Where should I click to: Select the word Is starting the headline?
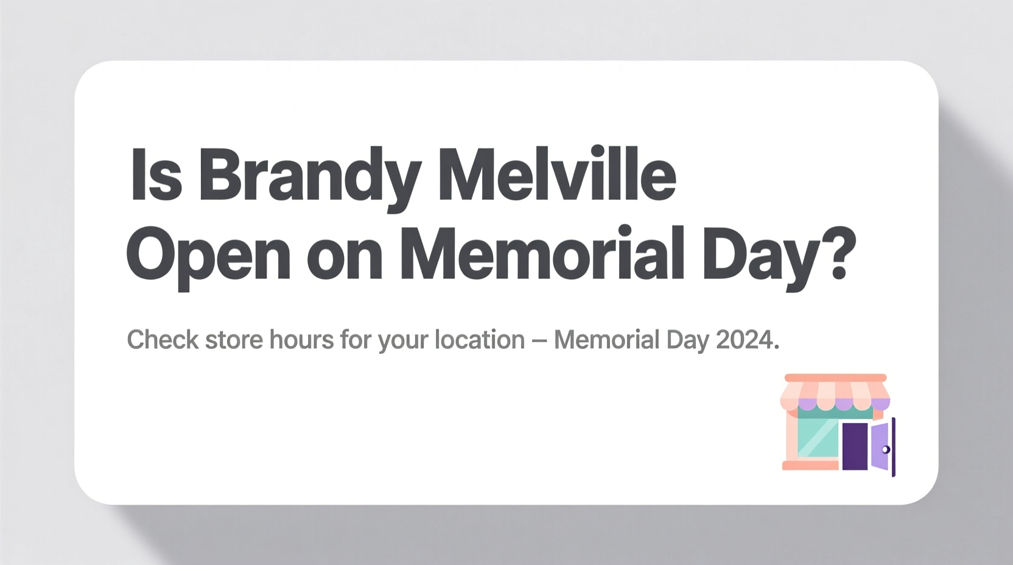(156, 175)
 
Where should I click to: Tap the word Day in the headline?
(761, 256)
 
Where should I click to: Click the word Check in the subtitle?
(163, 340)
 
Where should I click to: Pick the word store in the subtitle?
(234, 340)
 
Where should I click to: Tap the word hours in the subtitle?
(301, 340)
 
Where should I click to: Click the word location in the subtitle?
(480, 340)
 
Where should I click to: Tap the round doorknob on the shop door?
(886, 449)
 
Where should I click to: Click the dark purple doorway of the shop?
(855, 446)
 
